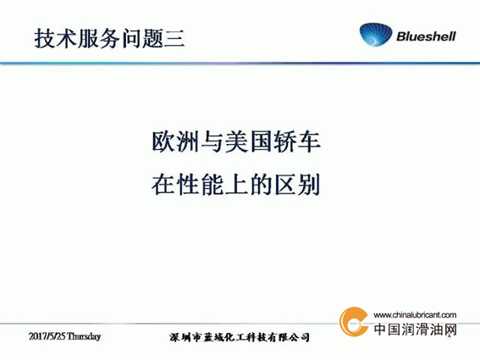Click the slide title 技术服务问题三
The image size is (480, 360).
pos(109,39)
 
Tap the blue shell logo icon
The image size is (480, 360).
pos(376,35)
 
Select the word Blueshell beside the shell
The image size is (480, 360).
pos(426,36)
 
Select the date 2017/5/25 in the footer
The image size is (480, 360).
pos(47,336)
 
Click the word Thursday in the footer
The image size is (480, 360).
pos(84,336)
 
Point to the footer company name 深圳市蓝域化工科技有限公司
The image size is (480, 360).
pos(239,337)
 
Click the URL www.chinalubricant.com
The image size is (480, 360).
pos(415,314)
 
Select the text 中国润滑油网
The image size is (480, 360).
pos(416,330)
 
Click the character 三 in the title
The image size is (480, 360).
pos(174,39)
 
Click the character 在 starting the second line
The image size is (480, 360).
pos(163,185)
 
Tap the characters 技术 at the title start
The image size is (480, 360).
pos(55,39)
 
